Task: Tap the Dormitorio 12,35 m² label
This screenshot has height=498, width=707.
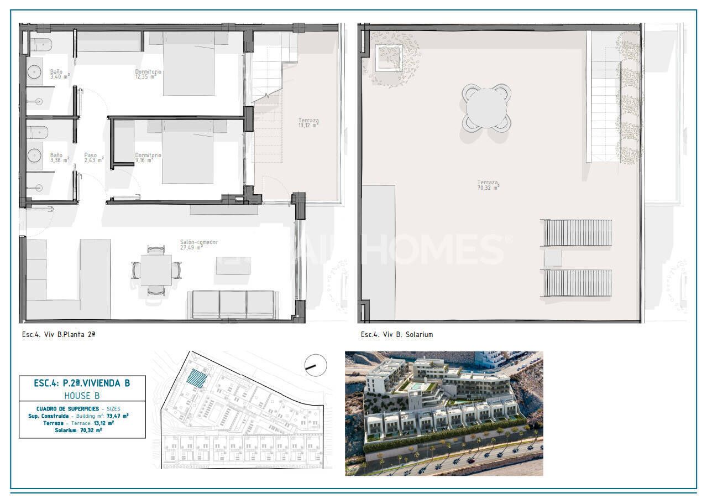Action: (148, 74)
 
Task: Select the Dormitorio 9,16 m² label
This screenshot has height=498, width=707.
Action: (148, 158)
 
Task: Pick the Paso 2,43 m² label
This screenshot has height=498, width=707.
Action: (93, 158)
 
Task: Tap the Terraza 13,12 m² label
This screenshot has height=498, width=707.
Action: (308, 123)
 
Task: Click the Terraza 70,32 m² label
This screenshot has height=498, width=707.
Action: (488, 185)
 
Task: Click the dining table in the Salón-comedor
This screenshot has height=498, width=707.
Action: (156, 270)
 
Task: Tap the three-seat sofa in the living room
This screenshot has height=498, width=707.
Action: (233, 304)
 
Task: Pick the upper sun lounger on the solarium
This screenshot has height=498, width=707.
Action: (577, 232)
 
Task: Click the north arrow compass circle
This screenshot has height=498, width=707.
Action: (316, 365)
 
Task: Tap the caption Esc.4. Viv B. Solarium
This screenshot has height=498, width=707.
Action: (396, 335)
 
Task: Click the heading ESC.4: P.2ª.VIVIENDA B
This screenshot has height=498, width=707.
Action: (82, 383)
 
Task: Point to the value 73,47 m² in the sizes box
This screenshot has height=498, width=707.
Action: (118, 416)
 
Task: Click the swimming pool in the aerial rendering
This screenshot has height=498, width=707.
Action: (414, 386)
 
